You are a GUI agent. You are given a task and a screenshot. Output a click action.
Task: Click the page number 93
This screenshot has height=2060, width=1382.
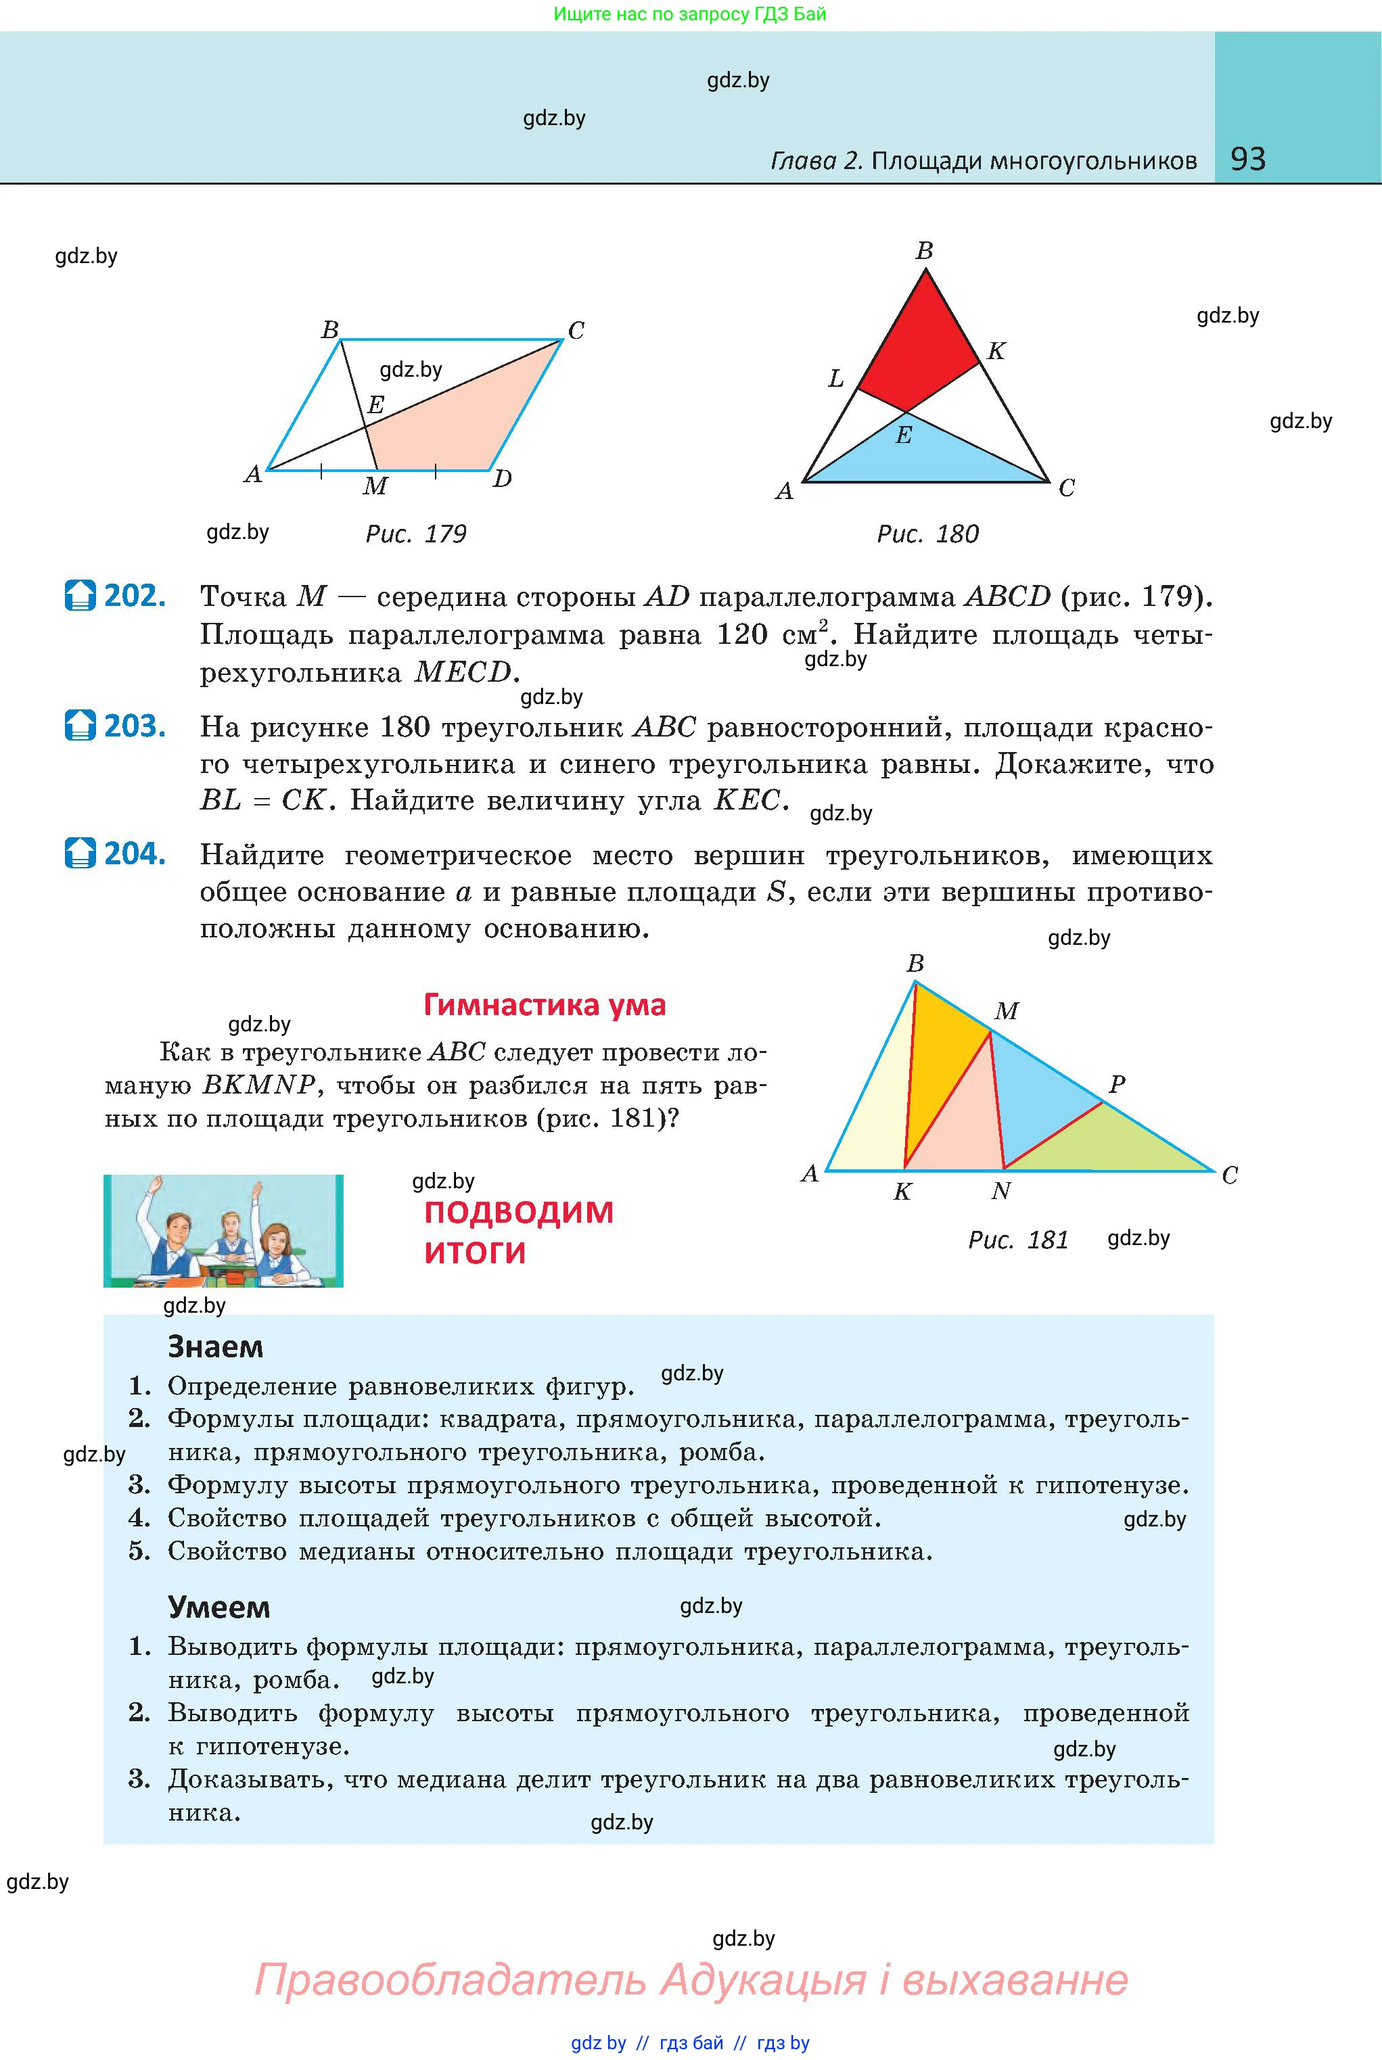pos(1247,159)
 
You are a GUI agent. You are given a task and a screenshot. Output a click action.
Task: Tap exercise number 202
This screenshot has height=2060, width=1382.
pos(134,596)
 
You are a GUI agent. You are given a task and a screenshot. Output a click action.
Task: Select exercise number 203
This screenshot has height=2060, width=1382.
pos(134,726)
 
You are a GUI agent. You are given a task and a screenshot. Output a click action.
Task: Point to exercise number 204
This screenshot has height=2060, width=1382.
pos(134,853)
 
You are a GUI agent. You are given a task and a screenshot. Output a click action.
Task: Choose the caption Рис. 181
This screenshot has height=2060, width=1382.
pos(1018,1240)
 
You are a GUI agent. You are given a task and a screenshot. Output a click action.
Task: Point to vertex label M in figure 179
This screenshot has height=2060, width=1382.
pos(375,486)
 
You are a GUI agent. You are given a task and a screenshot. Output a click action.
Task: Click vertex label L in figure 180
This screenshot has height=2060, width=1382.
pos(835,379)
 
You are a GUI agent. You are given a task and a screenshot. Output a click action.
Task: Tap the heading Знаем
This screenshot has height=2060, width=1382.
pos(215,1347)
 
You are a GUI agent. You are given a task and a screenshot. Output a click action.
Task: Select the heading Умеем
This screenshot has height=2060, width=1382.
pos(218,1607)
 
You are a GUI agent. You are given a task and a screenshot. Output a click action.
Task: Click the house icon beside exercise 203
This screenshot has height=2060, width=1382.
pos(80,726)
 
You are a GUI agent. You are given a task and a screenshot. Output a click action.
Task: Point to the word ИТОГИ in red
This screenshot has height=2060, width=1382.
pos(475,1252)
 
